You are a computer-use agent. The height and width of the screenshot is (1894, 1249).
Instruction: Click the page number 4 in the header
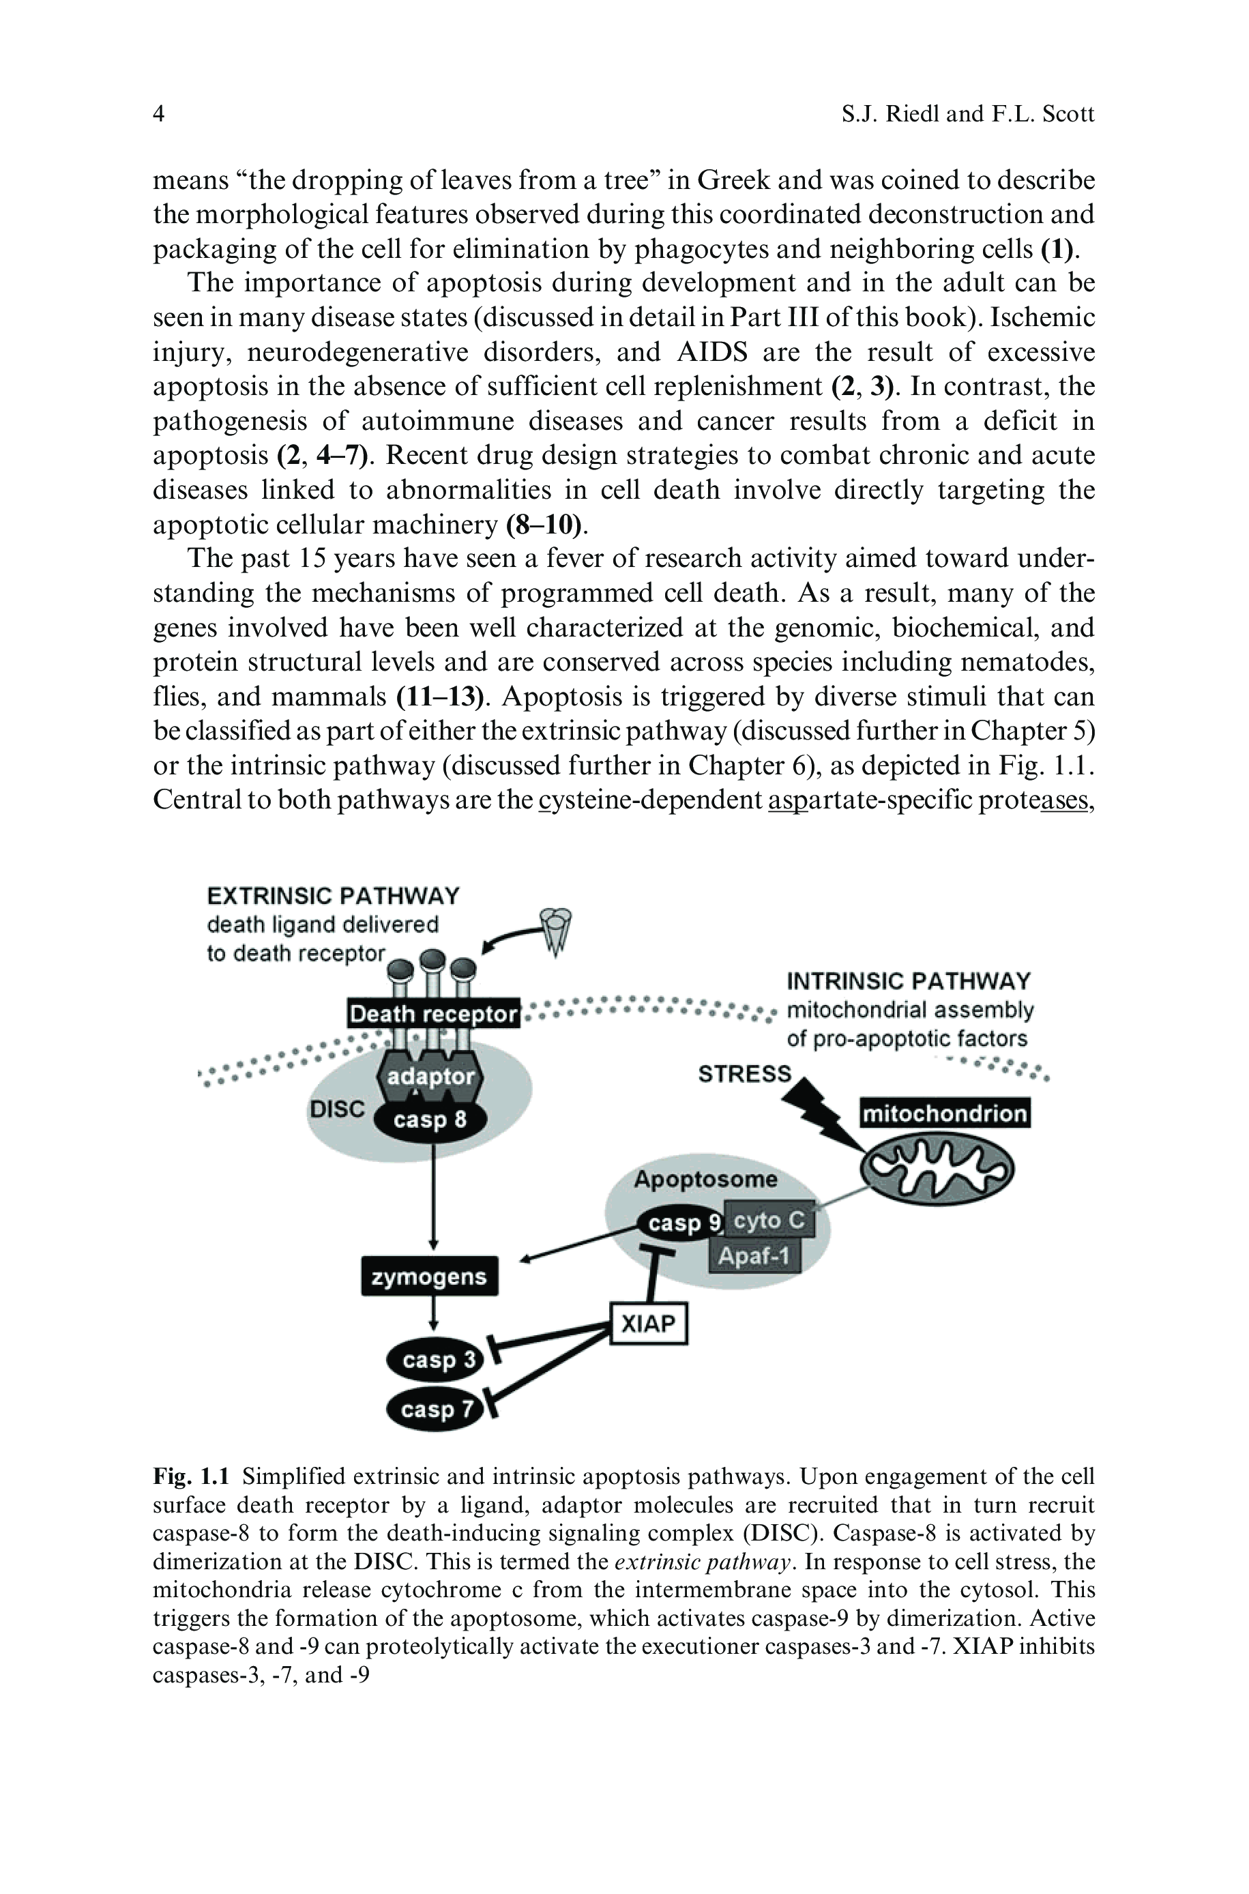point(158,115)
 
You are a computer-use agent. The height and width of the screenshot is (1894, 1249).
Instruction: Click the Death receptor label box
point(433,1014)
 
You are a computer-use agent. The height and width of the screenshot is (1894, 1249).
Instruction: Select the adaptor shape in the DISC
point(430,1076)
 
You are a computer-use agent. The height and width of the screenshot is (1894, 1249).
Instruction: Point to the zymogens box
point(429,1277)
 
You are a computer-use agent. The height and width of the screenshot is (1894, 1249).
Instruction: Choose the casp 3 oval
point(437,1360)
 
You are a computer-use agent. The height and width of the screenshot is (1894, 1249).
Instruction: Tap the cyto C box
point(769,1220)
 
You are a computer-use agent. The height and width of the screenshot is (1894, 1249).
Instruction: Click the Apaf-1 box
point(754,1256)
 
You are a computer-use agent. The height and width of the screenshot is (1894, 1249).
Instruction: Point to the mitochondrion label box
point(945,1113)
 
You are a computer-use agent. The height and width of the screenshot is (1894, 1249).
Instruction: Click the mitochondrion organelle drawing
point(937,1169)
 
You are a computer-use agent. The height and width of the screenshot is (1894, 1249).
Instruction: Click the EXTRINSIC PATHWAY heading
point(333,896)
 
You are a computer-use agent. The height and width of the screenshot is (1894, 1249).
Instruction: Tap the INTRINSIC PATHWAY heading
point(908,980)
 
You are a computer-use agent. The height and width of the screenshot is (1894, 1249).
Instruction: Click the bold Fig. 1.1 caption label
point(191,1476)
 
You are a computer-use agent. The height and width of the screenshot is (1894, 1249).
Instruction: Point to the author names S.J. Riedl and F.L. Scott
point(967,115)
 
